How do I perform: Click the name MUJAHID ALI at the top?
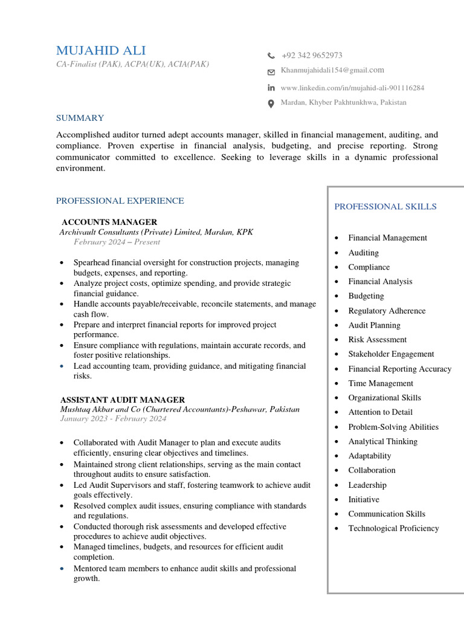tap(101, 51)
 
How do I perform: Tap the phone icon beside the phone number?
tap(271, 56)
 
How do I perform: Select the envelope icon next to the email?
tap(271, 72)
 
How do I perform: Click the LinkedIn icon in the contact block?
tap(271, 88)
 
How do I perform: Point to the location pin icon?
tap(271, 103)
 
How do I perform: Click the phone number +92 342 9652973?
tap(312, 56)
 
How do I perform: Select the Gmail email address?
tap(332, 71)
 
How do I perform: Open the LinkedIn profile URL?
tap(352, 88)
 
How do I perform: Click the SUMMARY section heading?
tap(80, 118)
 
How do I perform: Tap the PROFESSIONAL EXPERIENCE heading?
tap(120, 201)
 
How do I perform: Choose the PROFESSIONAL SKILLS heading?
tap(385, 207)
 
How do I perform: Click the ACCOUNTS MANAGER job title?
tap(109, 222)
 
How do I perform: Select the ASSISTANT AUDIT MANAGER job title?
tap(123, 400)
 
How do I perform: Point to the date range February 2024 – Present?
tap(117, 242)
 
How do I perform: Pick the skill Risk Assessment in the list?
tap(377, 340)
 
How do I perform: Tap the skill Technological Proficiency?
tap(393, 528)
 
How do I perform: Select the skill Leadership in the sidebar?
tap(367, 485)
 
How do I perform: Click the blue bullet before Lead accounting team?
tap(62, 366)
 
